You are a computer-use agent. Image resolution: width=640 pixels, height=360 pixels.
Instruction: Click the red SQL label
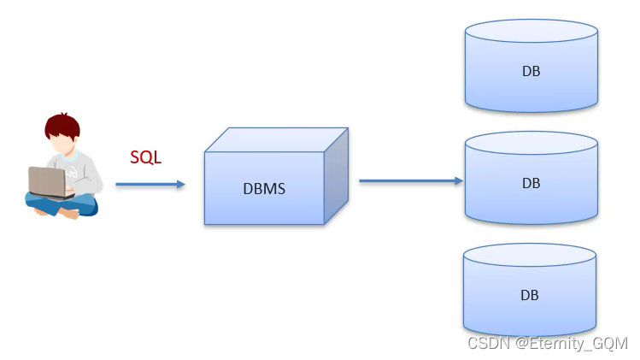(145, 157)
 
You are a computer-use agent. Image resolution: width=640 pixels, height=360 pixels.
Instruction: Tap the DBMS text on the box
(264, 189)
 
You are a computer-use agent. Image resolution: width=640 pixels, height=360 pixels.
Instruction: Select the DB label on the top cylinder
(531, 72)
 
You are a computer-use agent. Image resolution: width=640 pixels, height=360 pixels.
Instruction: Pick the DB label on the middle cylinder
(531, 183)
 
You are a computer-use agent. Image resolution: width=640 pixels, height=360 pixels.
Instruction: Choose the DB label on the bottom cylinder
(530, 295)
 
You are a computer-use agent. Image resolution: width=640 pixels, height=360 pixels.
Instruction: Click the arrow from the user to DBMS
(150, 184)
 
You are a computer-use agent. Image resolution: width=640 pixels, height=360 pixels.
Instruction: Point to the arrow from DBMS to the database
(410, 181)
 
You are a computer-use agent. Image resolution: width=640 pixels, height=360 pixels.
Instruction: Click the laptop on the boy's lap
(47, 181)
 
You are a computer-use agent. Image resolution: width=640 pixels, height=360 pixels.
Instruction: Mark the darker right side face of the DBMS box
(336, 175)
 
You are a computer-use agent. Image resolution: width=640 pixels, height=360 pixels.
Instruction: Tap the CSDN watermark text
(547, 344)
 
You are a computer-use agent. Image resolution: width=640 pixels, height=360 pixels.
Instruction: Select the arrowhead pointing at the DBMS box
(180, 184)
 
